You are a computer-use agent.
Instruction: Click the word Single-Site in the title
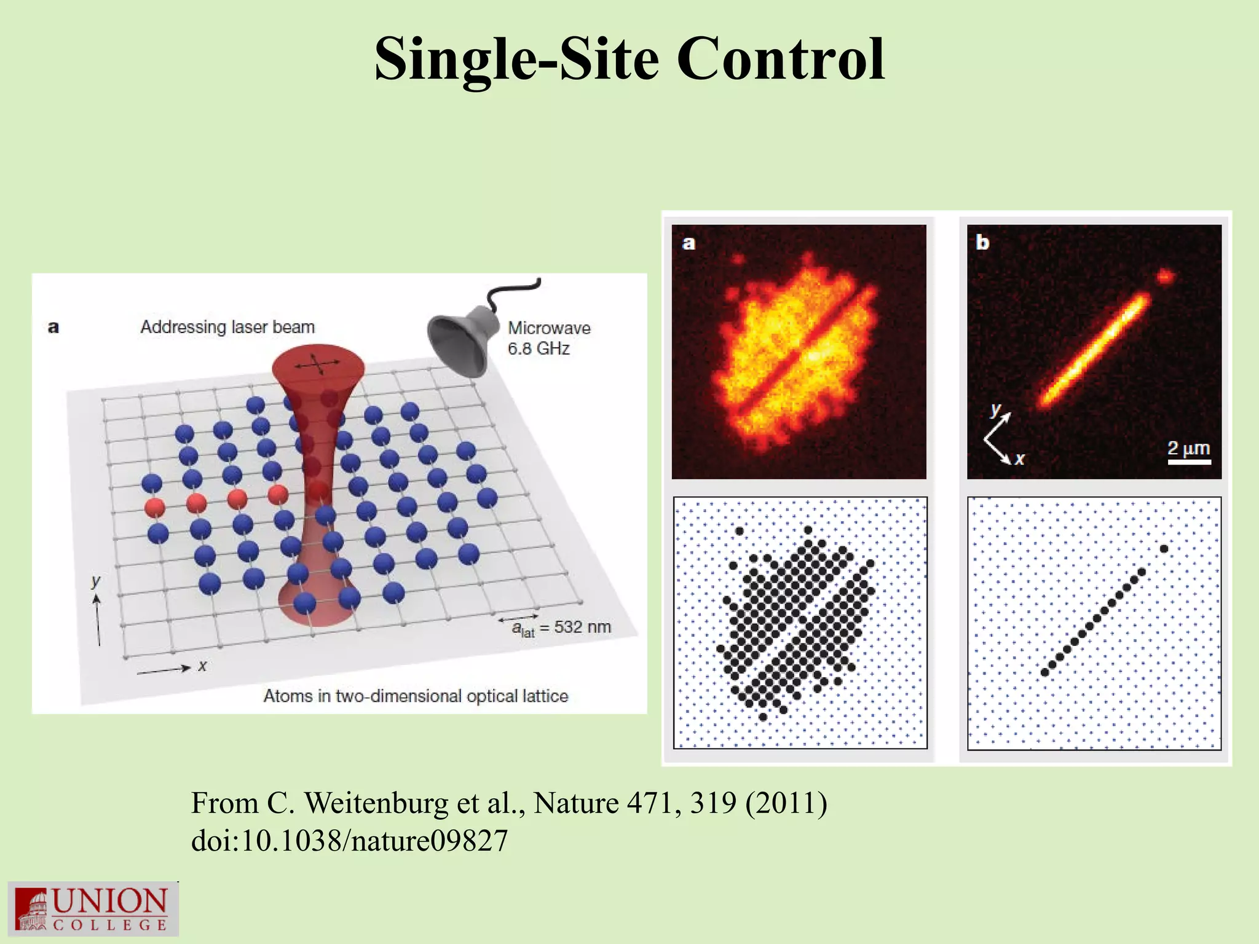click(516, 60)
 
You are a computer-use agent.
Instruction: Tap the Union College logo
click(93, 909)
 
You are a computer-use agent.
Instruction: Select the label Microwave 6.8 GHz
click(548, 338)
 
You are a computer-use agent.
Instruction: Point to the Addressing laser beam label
click(227, 327)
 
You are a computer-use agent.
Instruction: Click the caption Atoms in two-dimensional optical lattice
click(416, 696)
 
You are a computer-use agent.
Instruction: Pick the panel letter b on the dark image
click(982, 243)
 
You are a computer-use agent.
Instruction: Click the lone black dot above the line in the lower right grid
click(1164, 548)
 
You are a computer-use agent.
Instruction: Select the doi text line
click(349, 841)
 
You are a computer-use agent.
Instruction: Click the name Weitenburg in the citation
click(377, 803)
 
